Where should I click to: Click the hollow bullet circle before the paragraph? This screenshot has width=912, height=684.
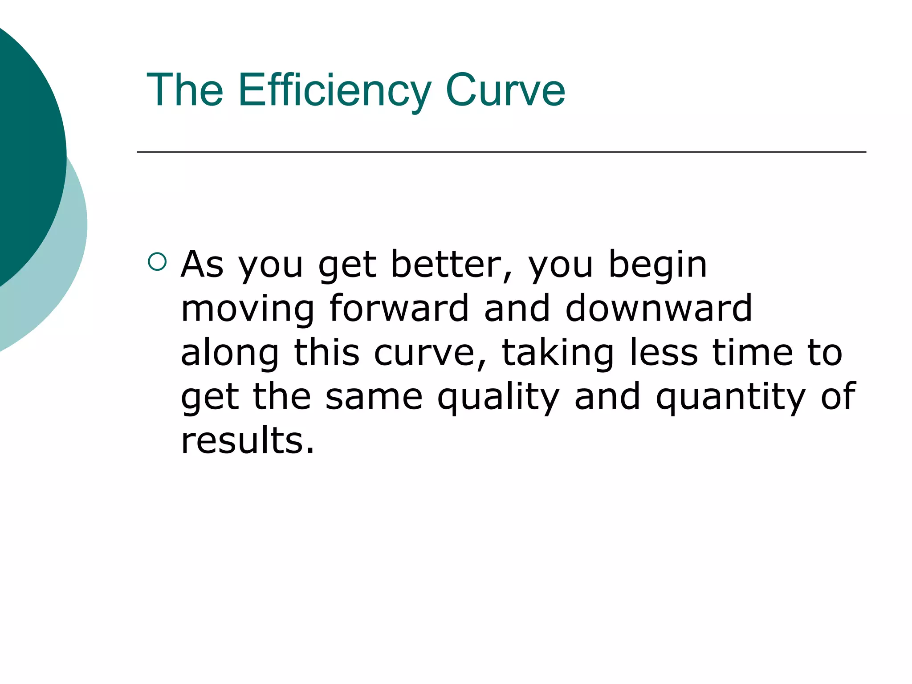[157, 262]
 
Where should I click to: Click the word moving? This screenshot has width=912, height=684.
[248, 309]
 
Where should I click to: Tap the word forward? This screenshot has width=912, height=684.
[399, 308]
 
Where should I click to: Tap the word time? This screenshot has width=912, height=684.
[753, 352]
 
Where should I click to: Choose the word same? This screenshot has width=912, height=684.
[374, 397]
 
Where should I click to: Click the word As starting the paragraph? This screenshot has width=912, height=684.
[202, 265]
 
